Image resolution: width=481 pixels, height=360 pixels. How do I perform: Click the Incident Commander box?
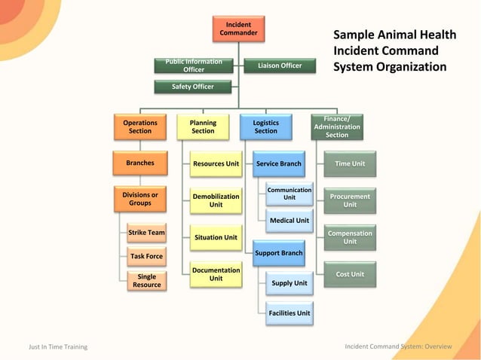pyautogui.click(x=238, y=29)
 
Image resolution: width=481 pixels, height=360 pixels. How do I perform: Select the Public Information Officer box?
pyautogui.click(x=194, y=66)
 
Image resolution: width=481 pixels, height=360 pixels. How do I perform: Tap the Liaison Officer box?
pyautogui.click(x=280, y=66)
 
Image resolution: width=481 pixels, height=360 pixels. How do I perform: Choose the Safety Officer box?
pyautogui.click(x=193, y=87)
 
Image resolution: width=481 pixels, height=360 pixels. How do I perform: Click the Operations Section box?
pyautogui.click(x=139, y=127)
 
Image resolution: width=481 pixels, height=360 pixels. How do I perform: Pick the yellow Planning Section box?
pyautogui.click(x=203, y=127)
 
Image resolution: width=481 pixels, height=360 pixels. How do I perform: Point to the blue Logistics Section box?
pyautogui.click(x=265, y=127)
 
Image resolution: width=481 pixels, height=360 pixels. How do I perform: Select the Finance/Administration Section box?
pyautogui.click(x=337, y=127)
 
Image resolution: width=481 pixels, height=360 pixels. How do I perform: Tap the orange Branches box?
pyautogui.click(x=139, y=163)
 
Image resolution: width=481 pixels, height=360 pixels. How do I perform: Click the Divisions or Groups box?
pyautogui.click(x=139, y=199)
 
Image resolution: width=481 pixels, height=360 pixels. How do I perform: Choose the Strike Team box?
pyautogui.click(x=146, y=233)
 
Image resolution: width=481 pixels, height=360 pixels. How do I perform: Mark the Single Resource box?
pyautogui.click(x=146, y=281)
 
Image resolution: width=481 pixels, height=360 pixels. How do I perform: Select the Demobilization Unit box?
pyautogui.click(x=216, y=200)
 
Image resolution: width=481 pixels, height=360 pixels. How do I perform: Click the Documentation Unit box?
pyautogui.click(x=216, y=274)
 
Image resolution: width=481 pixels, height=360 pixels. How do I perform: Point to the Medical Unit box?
pyautogui.click(x=290, y=221)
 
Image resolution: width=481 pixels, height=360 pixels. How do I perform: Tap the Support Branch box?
pyautogui.click(x=278, y=253)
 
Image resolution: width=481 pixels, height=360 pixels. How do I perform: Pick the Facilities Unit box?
pyautogui.click(x=290, y=313)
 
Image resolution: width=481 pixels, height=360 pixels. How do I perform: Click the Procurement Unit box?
pyautogui.click(x=350, y=200)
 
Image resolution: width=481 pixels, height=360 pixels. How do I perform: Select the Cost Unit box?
pyautogui.click(x=350, y=274)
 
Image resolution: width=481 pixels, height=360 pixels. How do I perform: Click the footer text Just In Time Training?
pyautogui.click(x=58, y=347)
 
